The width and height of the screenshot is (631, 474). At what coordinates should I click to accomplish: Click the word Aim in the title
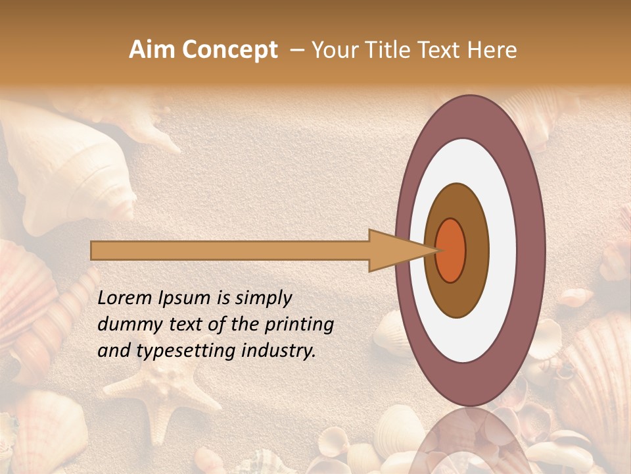pos(152,50)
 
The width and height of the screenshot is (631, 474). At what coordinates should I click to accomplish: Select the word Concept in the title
pos(229,51)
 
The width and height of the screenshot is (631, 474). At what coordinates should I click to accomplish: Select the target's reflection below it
pos(470,441)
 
